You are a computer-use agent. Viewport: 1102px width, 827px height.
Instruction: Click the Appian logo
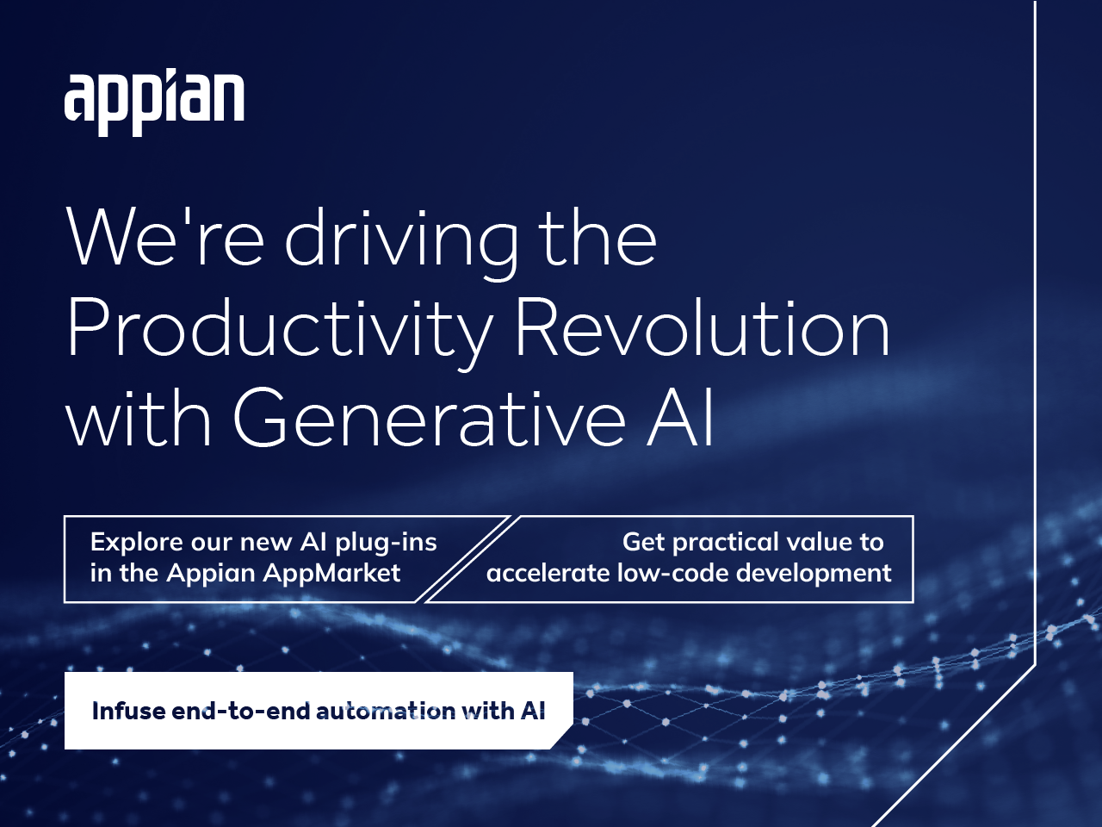[154, 101]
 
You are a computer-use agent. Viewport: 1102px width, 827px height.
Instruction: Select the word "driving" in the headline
[401, 241]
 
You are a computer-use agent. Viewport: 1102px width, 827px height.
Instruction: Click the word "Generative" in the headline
[429, 419]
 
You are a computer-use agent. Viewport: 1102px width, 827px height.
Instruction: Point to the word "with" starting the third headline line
[139, 419]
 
